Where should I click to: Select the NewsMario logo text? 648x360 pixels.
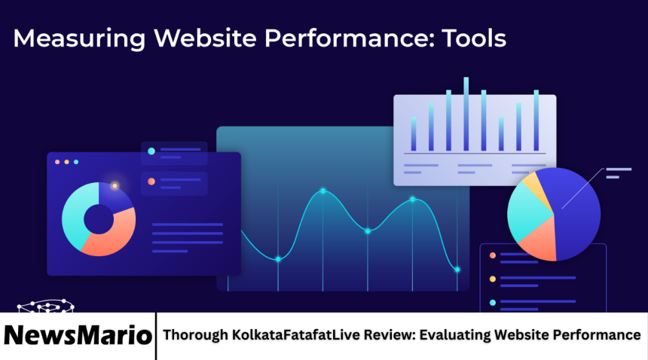78,335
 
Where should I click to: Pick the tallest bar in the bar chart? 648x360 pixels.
466,113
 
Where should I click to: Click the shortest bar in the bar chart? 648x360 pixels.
501,133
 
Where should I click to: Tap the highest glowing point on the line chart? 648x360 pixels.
322,191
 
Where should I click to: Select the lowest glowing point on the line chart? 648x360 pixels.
457,269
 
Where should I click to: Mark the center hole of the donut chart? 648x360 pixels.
98,219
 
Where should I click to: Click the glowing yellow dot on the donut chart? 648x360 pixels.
115,185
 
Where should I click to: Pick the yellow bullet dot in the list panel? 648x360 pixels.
493,279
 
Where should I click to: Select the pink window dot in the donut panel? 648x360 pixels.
57,162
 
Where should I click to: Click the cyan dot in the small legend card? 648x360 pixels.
151,151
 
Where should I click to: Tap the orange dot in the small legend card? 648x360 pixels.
151,182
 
